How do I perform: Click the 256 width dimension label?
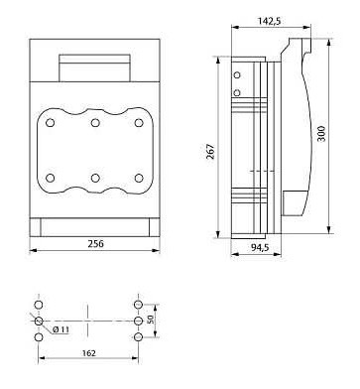click(95, 244)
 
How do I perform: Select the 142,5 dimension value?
click(270, 21)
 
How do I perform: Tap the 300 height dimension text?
click(321, 133)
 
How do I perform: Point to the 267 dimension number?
click(210, 152)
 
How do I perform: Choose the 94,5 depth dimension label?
click(260, 247)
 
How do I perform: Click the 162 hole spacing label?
click(88, 353)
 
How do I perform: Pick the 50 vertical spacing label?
click(150, 320)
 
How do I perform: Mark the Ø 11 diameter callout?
click(60, 329)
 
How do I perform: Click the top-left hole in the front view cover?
click(51, 123)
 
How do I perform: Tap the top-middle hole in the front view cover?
click(95, 123)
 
